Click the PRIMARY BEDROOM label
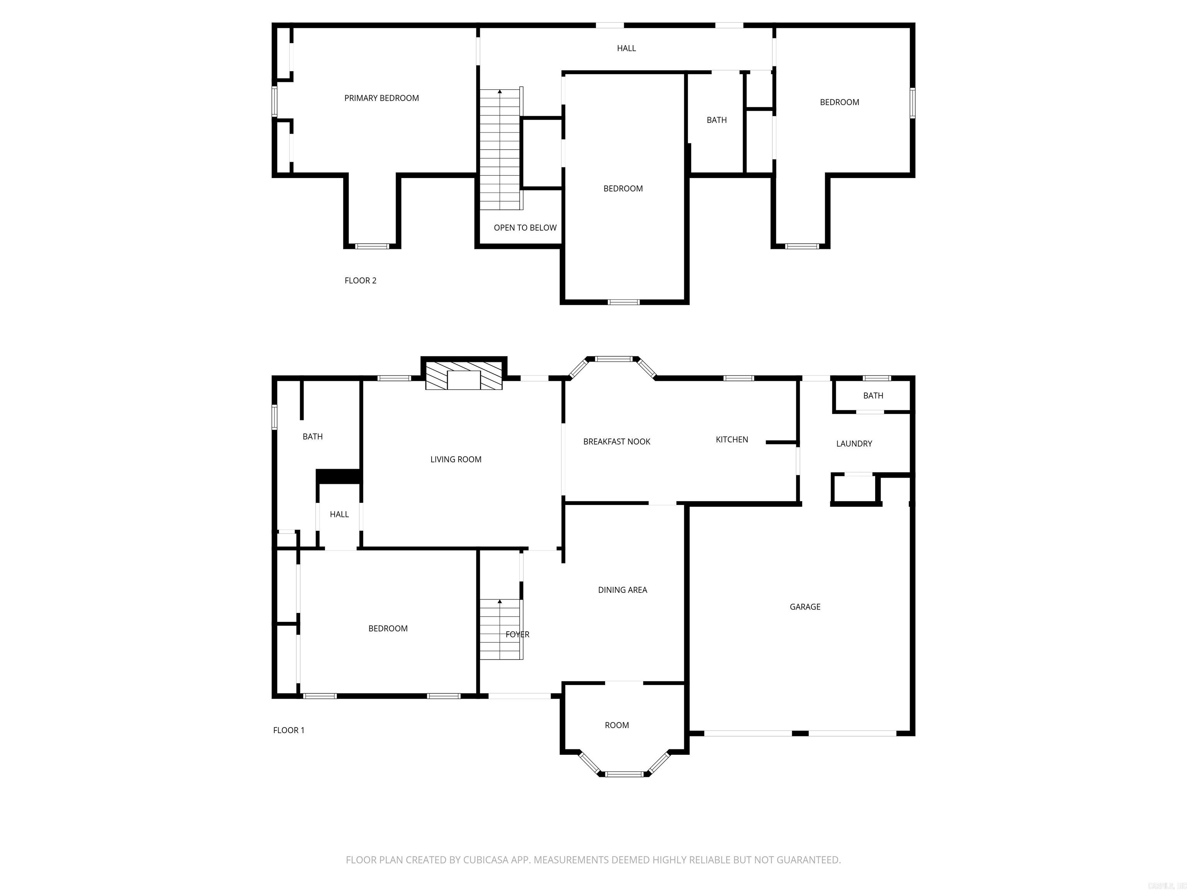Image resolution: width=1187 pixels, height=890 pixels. pyautogui.click(x=381, y=98)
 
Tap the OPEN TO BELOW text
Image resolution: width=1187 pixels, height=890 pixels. pyautogui.click(x=525, y=228)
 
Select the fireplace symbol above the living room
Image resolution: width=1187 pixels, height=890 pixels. pyautogui.click(x=464, y=375)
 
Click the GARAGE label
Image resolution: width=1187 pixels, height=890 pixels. pyautogui.click(x=804, y=607)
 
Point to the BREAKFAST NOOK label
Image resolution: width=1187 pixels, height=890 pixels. pyautogui.click(x=617, y=442)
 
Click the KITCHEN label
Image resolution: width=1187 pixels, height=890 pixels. pyautogui.click(x=731, y=439)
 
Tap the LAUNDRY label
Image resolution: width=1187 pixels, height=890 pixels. pyautogui.click(x=854, y=444)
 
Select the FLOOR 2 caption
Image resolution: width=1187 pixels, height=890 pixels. pyautogui.click(x=360, y=280)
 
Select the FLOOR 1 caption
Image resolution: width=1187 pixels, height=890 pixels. pyautogui.click(x=289, y=730)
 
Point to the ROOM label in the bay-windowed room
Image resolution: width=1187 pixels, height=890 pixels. pyautogui.click(x=617, y=725)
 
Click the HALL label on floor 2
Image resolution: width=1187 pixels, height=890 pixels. pyautogui.click(x=626, y=48)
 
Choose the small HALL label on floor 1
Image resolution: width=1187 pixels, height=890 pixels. pyautogui.click(x=339, y=515)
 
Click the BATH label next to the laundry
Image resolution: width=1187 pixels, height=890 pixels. pyautogui.click(x=873, y=396)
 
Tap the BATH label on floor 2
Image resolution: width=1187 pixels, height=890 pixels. pyautogui.click(x=716, y=120)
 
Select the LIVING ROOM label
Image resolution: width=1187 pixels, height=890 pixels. pyautogui.click(x=456, y=459)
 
